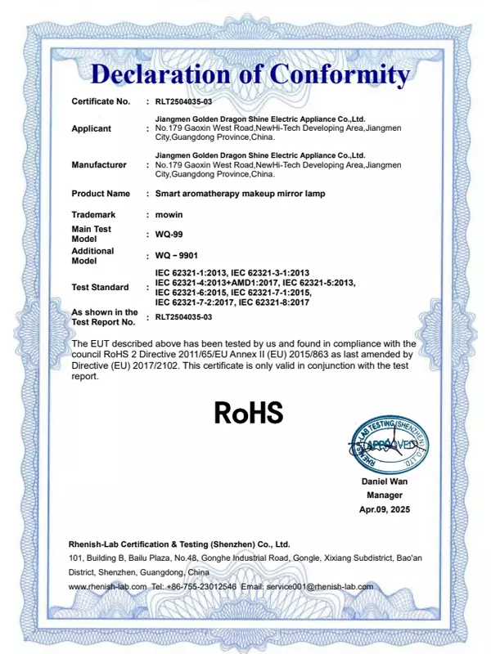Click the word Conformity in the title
pos(339,74)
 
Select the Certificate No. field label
pos(101,101)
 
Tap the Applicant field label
pos(92,128)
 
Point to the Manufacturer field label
pos(99,164)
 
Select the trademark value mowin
pos(169,214)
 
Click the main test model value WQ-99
pos(169,234)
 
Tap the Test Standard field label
pos(100,288)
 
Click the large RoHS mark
pos(248,412)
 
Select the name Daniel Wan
pos(385,482)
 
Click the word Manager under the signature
pos(385,495)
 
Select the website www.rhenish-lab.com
pos(107,586)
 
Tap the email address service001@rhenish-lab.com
pos(321,586)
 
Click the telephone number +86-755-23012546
pos(203,586)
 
